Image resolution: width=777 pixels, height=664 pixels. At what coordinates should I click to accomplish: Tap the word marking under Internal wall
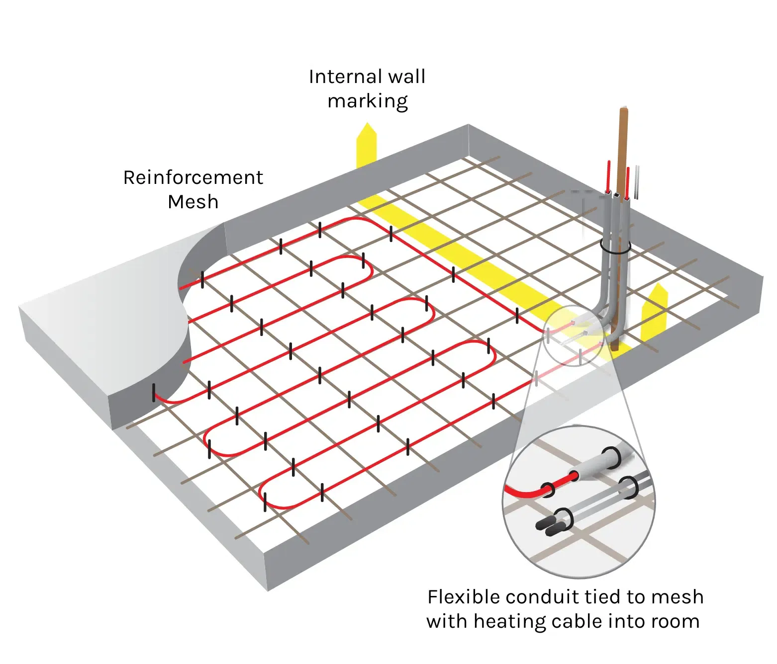(368, 101)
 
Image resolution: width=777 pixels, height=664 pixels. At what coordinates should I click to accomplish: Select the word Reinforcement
(193, 177)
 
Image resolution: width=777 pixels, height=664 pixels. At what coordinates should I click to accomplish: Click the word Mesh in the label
(193, 202)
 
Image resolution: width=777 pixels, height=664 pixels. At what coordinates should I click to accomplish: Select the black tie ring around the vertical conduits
(615, 247)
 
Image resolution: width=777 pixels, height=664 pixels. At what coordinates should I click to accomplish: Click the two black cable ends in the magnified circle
(551, 526)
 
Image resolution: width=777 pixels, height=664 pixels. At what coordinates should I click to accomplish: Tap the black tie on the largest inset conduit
(611, 458)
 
